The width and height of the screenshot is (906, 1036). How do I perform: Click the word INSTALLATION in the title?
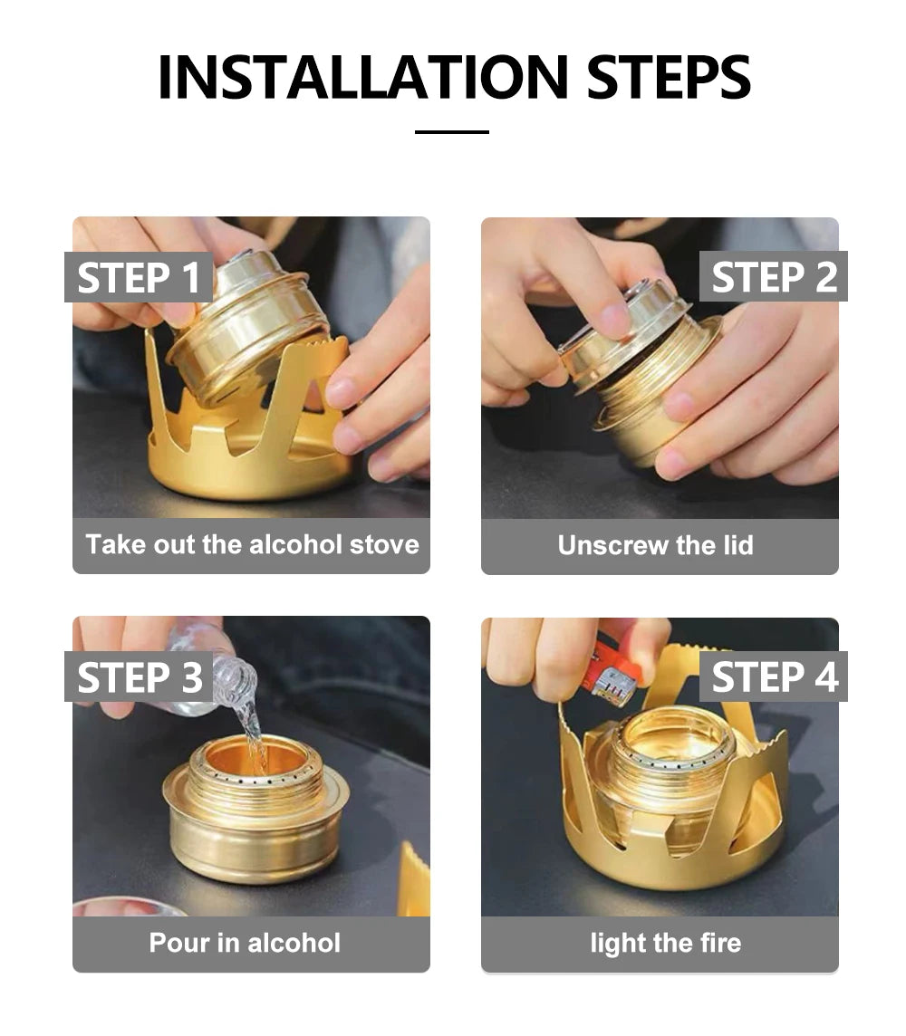[x=362, y=77]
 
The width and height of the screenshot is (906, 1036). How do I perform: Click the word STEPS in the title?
[x=668, y=77]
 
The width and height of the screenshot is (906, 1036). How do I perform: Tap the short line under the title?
[x=452, y=132]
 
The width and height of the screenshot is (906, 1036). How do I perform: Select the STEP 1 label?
[x=138, y=277]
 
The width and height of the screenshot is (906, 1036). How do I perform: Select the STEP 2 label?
[x=773, y=276]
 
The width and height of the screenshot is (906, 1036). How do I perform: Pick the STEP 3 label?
[x=138, y=676]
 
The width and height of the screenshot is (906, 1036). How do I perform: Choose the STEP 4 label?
[x=773, y=676]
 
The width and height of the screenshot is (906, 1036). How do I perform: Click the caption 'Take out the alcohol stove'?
[x=252, y=544]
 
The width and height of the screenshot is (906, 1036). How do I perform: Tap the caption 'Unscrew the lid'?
[x=655, y=545]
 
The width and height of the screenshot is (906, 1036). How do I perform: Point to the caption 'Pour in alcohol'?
[x=245, y=943]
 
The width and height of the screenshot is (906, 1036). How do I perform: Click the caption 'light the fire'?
[x=666, y=943]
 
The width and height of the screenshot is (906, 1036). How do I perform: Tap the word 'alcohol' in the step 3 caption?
[x=294, y=943]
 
